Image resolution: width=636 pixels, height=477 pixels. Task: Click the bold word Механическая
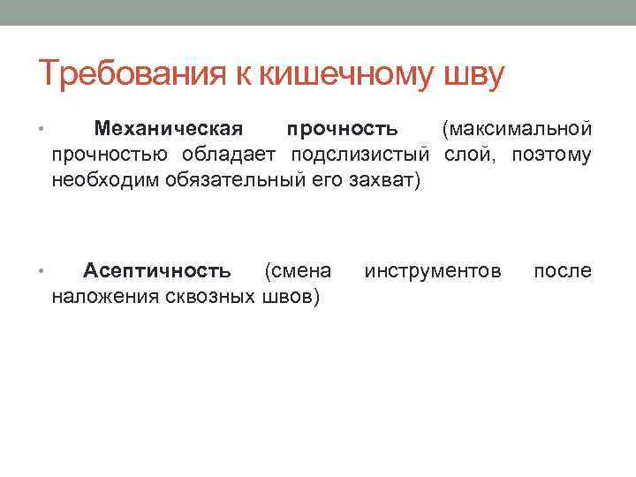coord(168,130)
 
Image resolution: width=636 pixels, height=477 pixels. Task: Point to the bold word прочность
coord(341,130)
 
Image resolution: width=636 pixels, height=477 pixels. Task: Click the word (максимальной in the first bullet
coord(517,130)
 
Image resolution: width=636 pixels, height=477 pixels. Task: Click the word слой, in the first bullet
coord(466,155)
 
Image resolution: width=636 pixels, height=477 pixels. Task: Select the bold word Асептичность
coord(157,270)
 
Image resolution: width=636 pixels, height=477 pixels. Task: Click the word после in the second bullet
coord(563,270)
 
